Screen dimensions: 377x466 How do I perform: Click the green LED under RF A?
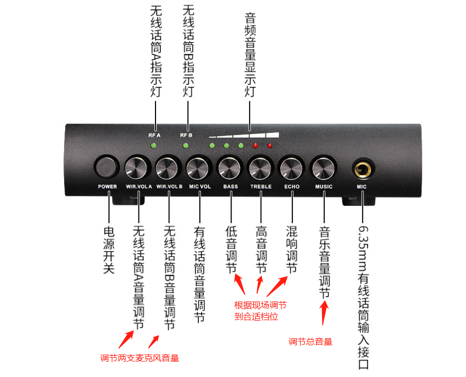click(154, 146)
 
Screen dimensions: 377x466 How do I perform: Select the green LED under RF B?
click(186, 146)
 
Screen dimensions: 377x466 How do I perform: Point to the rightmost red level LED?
click(269, 146)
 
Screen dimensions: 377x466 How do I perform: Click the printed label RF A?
click(154, 135)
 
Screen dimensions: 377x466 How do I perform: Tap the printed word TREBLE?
click(261, 187)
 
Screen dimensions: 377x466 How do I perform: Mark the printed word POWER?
click(107, 187)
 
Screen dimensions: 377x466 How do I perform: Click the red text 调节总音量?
click(310, 342)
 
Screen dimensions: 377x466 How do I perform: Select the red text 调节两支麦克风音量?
click(140, 358)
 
